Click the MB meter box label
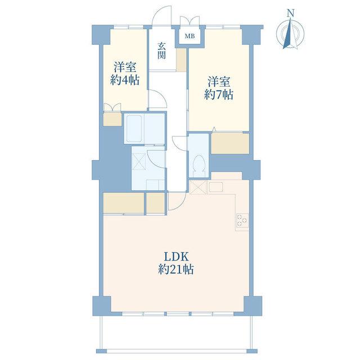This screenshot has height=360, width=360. coord(190,36)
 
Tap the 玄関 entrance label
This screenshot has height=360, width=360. coord(161,51)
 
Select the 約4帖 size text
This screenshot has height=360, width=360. coord(125,80)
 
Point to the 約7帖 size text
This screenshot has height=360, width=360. coord(219,94)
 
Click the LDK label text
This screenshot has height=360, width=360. coord(176,257)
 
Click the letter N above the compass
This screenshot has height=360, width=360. coord(291,13)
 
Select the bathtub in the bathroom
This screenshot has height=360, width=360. coord(134,128)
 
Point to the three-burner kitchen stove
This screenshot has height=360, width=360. coord(242,220)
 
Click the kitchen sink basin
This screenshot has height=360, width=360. coord(215,187)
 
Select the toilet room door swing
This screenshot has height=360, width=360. coord(179,143)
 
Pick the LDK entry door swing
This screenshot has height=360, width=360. coord(177,201)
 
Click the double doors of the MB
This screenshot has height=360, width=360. coord(190,21)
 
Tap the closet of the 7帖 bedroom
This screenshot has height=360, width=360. coord(230,144)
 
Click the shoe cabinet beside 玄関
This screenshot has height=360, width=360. coord(181,60)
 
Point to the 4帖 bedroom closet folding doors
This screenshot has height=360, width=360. coord(112,107)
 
